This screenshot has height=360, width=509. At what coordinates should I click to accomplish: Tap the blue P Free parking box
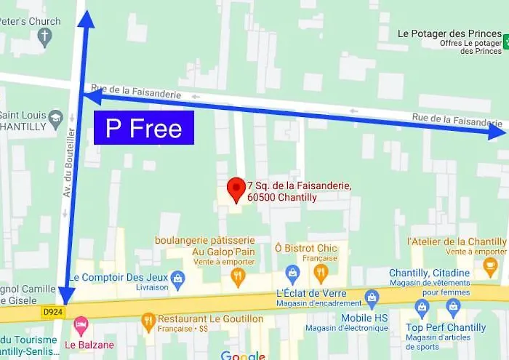pos(144,128)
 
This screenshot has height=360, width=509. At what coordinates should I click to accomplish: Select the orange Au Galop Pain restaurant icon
pos(238,274)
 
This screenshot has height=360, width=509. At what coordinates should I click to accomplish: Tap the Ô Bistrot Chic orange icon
pos(320,273)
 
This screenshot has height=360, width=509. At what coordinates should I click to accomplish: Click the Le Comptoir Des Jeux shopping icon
pos(177,278)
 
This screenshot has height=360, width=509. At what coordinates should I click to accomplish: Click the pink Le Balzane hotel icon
pos(81,322)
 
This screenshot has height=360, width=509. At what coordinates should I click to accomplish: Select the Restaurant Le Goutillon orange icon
pos(148,319)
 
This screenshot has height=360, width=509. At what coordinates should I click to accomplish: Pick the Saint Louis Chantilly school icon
pos(56,116)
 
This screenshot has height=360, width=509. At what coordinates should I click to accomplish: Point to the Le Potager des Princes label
pos(449,34)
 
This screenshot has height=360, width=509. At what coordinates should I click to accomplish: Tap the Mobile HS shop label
pos(364,319)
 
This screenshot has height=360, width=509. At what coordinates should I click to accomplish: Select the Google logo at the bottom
pos(242,355)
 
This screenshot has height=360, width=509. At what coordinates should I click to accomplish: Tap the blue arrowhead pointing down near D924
pos(65,295)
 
